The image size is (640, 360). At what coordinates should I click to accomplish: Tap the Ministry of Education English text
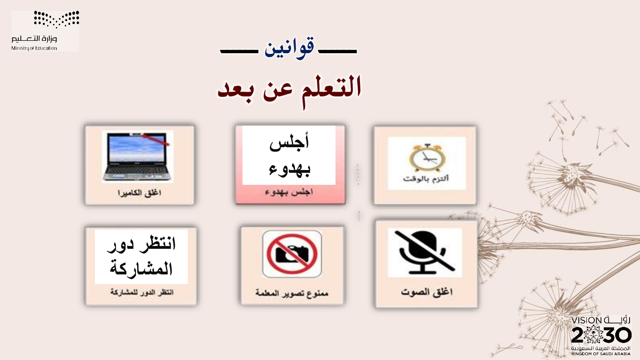point(34,48)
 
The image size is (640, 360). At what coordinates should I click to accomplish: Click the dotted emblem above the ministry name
point(56,19)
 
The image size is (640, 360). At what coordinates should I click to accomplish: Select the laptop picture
point(138,156)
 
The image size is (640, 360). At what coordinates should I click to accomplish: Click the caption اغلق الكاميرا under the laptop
point(140,193)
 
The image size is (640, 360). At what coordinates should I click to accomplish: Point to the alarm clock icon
point(427,158)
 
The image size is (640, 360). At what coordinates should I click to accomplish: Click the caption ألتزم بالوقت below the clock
point(426,179)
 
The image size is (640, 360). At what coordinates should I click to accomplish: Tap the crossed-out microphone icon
point(424,252)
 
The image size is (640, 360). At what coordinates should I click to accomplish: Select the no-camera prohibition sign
point(292,254)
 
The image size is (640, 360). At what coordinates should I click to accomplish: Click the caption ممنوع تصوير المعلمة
point(292,293)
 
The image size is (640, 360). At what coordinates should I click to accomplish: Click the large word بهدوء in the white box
point(290,170)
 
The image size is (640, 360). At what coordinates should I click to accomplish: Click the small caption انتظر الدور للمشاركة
point(142,292)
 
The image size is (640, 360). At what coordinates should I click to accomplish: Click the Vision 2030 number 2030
point(601,335)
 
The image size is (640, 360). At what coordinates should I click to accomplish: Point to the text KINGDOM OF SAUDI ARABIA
point(601,354)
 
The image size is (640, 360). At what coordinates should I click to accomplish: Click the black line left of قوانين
point(239,52)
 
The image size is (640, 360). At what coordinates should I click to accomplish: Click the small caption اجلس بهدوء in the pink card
point(289,192)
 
